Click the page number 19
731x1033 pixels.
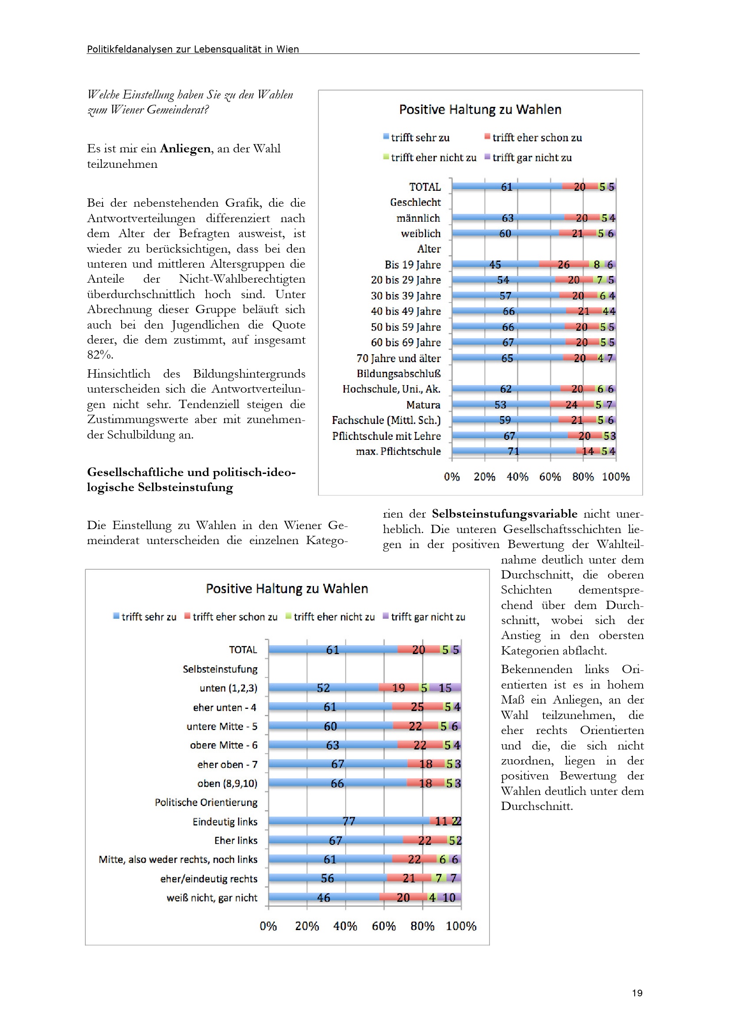(637, 993)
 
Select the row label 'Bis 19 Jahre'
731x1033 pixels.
(412, 265)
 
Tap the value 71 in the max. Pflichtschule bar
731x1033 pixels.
(513, 451)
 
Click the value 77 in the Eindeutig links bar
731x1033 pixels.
(348, 821)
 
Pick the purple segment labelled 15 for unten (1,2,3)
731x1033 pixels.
(444, 688)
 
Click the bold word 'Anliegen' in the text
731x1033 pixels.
(185, 148)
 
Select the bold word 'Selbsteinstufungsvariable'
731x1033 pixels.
(504, 514)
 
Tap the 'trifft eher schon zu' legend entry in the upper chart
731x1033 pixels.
(536, 138)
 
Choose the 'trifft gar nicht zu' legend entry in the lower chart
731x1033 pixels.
(428, 617)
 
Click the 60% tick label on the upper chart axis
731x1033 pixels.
(550, 477)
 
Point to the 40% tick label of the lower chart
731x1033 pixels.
(345, 926)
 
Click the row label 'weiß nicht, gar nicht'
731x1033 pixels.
(212, 897)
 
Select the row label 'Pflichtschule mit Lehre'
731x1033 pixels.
(386, 436)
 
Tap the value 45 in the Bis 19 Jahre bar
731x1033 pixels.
(495, 265)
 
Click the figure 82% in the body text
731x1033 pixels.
(100, 355)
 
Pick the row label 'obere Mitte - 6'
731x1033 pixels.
(223, 745)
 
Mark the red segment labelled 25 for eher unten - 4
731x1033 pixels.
(417, 707)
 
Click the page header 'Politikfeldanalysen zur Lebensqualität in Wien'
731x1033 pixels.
(193, 49)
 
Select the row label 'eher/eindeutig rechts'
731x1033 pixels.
(209, 879)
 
